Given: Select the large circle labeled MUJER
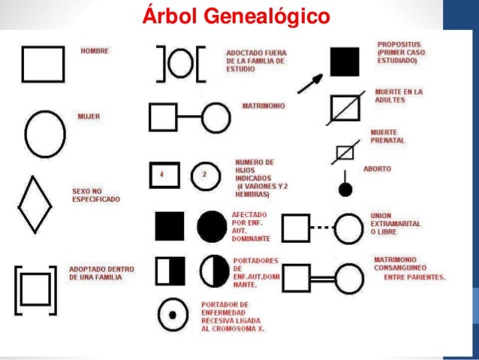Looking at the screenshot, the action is click(x=46, y=136).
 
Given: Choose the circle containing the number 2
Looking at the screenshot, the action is click(x=204, y=175).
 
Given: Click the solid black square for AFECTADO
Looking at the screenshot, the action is click(x=169, y=225).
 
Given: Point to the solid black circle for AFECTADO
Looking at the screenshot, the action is click(x=212, y=225).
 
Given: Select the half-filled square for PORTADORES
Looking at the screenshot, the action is click(x=169, y=270).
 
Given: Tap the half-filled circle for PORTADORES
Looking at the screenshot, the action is click(x=214, y=270).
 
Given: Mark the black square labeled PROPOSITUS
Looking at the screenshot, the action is click(x=345, y=62).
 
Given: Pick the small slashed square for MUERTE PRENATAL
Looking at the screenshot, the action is click(x=345, y=153).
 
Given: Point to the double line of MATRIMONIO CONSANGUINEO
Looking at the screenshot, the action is click(x=322, y=277).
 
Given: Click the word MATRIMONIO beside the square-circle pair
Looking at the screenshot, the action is click(x=263, y=107).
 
